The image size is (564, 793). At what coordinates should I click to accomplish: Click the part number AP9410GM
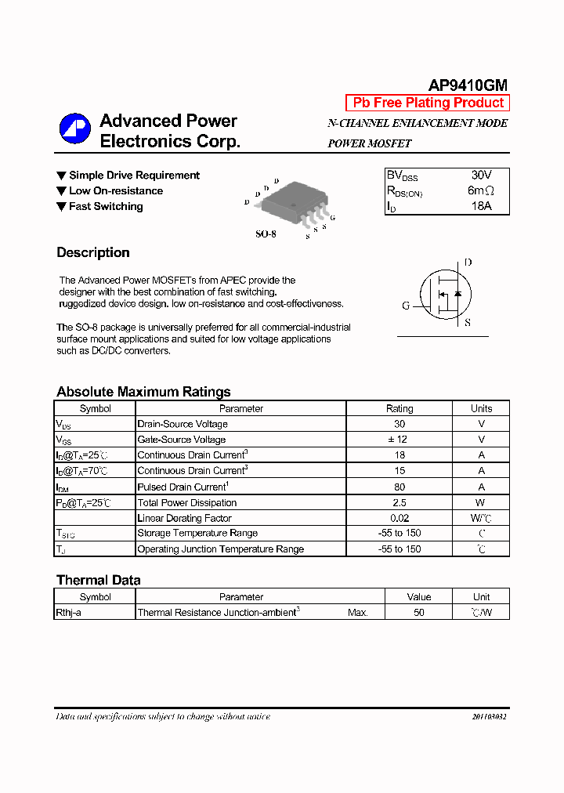click(468, 85)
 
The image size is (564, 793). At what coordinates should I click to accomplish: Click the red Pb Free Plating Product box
click(428, 103)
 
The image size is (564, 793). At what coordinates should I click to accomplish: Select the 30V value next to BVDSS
click(481, 176)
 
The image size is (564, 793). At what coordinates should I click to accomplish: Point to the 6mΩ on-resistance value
click(481, 191)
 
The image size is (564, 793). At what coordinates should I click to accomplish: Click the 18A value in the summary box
click(481, 207)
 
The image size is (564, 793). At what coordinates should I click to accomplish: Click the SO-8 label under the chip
click(266, 234)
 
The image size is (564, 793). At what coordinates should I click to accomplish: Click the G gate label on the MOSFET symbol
click(406, 306)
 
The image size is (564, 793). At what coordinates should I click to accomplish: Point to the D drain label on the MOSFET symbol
click(468, 263)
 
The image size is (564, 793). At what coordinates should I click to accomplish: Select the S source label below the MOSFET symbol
click(468, 322)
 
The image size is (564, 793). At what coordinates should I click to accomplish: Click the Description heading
click(93, 252)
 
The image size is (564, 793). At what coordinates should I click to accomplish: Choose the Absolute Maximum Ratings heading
click(143, 392)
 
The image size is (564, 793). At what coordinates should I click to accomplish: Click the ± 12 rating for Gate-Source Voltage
click(399, 440)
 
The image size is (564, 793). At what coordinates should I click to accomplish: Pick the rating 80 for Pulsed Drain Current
click(399, 487)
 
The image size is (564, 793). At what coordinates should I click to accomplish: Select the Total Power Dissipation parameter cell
click(187, 502)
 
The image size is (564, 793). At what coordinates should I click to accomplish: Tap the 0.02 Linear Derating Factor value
click(399, 518)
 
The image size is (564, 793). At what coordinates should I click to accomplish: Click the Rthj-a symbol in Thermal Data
click(69, 613)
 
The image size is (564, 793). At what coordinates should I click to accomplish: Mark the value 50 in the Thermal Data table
click(419, 613)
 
